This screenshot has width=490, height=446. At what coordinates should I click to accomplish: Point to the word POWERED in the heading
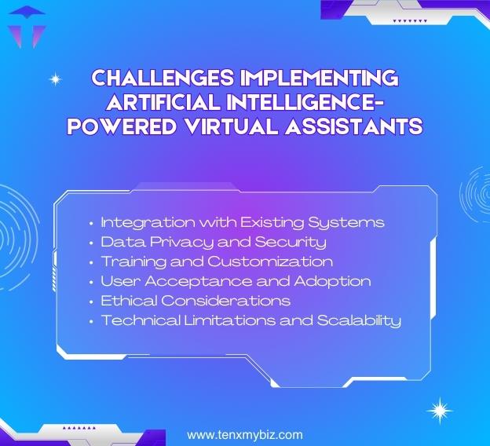[x=120, y=126]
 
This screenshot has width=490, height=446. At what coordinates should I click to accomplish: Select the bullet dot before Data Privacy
[x=92, y=243]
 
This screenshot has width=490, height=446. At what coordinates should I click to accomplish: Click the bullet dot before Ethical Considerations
[x=92, y=302]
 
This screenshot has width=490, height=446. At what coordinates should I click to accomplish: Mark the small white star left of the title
[x=55, y=79]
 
